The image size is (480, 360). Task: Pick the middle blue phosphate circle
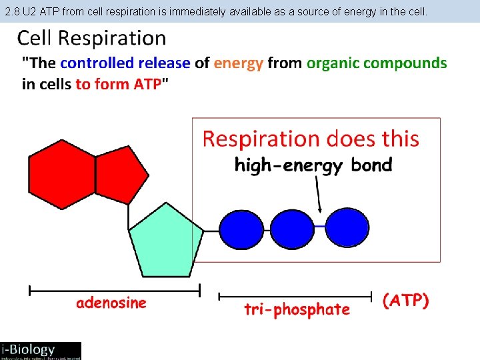click(x=292, y=227)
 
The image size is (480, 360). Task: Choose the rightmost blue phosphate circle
click(x=346, y=226)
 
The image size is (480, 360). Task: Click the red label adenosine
click(x=111, y=303)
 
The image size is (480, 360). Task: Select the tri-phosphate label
click(x=297, y=309)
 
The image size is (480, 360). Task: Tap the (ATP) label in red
click(x=405, y=301)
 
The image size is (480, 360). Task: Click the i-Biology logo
click(x=40, y=350)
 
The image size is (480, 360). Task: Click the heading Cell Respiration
click(x=91, y=38)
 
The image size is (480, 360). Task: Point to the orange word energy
click(x=239, y=63)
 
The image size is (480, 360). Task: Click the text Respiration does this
click(x=311, y=139)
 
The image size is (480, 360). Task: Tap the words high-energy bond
click(x=313, y=165)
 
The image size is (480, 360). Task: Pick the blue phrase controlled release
click(x=125, y=63)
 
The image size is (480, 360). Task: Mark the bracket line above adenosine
click(x=114, y=290)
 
